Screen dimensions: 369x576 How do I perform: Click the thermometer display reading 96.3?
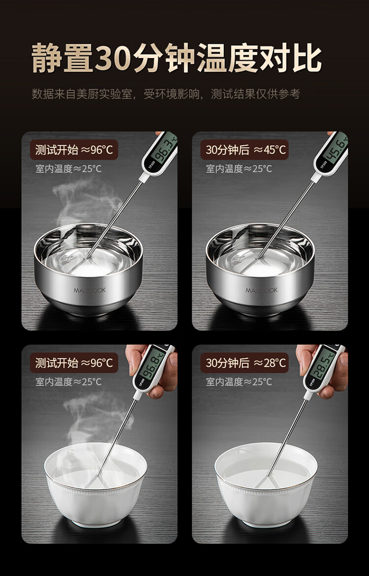click(x=164, y=150)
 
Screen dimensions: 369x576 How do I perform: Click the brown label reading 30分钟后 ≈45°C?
click(x=245, y=150)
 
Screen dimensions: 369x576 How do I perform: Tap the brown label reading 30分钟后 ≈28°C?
click(x=245, y=363)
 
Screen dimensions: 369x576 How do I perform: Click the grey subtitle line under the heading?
click(x=166, y=94)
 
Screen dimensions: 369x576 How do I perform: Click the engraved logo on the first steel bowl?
click(x=90, y=290)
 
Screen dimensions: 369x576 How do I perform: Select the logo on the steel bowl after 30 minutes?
click(x=261, y=290)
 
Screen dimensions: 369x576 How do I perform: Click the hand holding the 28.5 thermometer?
click(x=323, y=371)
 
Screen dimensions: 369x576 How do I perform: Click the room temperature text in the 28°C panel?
click(x=239, y=382)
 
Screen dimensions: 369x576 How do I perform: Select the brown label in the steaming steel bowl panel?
click(x=74, y=150)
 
